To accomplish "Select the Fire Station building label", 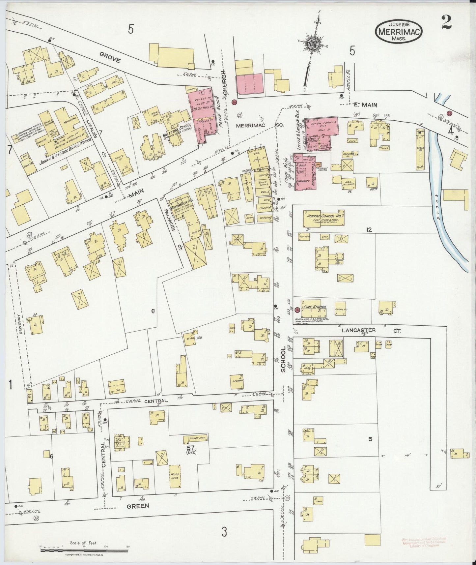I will tap(315, 307).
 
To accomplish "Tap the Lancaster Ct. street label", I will tap(371, 330).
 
